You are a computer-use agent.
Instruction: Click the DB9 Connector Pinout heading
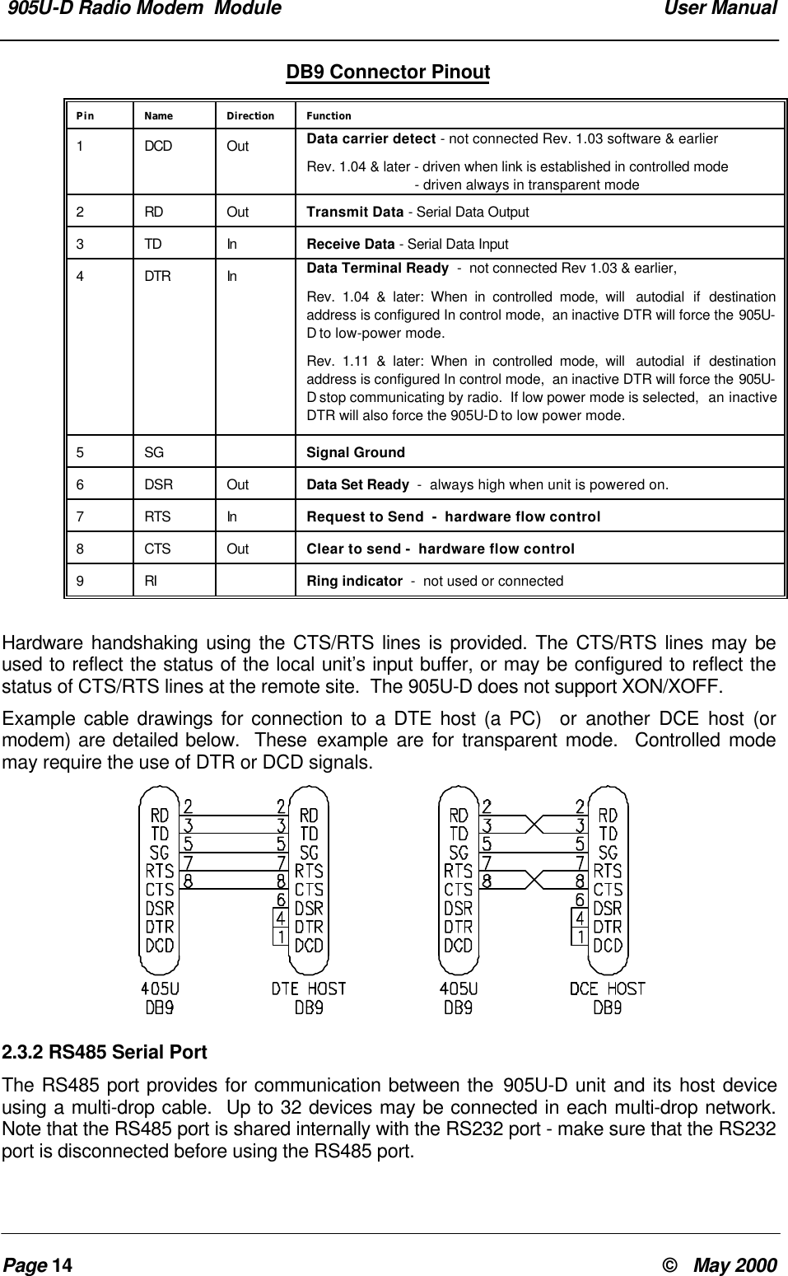coord(387,72)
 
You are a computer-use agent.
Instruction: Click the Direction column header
coord(250,116)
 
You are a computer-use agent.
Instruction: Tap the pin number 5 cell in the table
coord(80,452)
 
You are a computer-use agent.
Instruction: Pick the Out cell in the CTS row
coord(237,549)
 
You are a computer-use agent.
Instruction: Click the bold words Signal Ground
coord(355,452)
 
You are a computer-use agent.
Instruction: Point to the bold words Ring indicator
coord(354,581)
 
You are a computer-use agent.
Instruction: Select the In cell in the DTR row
coord(232,277)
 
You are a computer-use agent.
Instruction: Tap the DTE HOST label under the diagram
coord(309,988)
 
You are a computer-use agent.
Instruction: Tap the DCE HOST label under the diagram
coord(608,988)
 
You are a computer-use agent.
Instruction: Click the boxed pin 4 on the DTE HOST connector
coord(281,917)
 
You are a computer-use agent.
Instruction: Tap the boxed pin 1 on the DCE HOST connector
coord(581,937)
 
